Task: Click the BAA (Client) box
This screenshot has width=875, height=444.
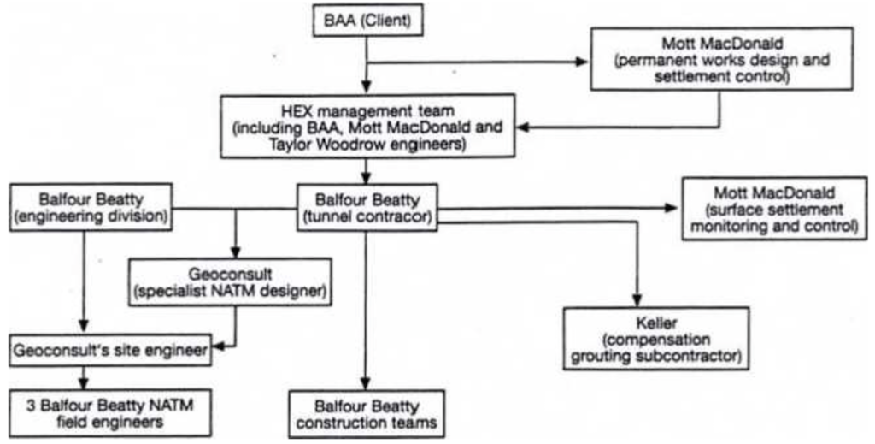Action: (367, 21)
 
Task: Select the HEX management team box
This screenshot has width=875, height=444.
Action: (367, 127)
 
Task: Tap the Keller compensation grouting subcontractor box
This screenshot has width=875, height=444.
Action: (656, 339)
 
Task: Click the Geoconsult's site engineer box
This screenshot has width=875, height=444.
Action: (111, 350)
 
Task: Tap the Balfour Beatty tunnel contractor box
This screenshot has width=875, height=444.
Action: (367, 208)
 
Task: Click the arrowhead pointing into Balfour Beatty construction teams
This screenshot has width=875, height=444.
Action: (367, 386)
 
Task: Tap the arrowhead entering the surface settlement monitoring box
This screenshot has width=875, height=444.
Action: (673, 207)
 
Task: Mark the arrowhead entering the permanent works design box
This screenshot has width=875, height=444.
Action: (584, 62)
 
